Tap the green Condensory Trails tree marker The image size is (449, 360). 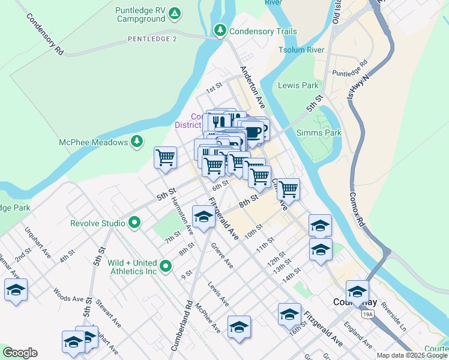click(x=221, y=29)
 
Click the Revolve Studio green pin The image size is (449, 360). click(x=134, y=223)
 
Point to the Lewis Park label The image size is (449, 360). click(x=298, y=85)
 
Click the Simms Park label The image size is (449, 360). click(x=319, y=133)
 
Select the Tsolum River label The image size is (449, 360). click(x=301, y=50)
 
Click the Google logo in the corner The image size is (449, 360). click(x=20, y=353)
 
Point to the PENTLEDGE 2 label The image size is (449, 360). click(x=152, y=39)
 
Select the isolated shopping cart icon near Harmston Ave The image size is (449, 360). click(x=165, y=158)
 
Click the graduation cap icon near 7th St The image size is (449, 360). click(x=203, y=217)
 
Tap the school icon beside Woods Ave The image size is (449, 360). click(x=16, y=290)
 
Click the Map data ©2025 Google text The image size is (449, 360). click(x=411, y=355)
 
